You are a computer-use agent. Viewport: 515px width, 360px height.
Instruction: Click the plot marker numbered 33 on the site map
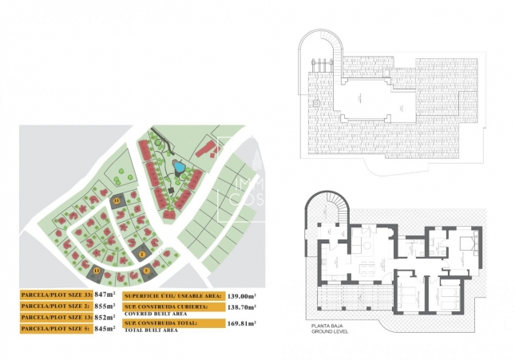[x=117, y=200]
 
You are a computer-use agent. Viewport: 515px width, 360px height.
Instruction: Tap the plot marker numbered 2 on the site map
[x=142, y=255]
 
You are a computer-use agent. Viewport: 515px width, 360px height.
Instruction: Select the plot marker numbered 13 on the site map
[x=97, y=271]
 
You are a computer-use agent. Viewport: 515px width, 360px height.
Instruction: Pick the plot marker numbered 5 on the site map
[x=146, y=271]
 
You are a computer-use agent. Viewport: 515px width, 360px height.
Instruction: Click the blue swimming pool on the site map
[x=180, y=168]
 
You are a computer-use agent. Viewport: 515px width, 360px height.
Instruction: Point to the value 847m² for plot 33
[x=105, y=295]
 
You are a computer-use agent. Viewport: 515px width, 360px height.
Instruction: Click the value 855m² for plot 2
[x=105, y=306]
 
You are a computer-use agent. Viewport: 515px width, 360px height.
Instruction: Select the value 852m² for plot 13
[x=105, y=317]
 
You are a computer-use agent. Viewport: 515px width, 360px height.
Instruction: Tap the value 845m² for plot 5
[x=105, y=327]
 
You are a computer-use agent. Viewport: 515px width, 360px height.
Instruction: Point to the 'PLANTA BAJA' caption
[x=324, y=326]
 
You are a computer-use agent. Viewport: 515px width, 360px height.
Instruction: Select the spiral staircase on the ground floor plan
[x=331, y=213]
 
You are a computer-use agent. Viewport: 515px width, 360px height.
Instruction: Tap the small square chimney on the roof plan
[x=316, y=103]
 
